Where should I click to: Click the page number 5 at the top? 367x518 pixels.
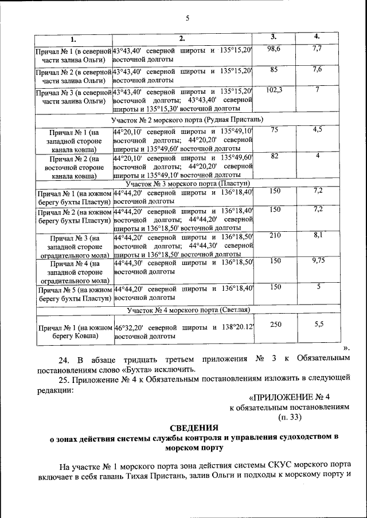point(187,18)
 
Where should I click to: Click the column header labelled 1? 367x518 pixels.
point(73,39)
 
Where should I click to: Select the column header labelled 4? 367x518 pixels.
point(317,37)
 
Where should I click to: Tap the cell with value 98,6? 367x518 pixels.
point(274,50)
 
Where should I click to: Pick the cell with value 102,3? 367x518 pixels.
point(274,91)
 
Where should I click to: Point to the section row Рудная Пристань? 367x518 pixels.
point(187,119)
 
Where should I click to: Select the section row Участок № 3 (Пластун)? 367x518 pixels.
point(187,184)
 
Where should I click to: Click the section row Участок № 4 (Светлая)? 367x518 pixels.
point(187,310)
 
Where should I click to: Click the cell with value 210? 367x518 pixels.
point(275,235)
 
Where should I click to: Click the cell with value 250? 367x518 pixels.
point(275,324)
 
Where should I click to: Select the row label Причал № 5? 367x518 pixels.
point(73,294)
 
